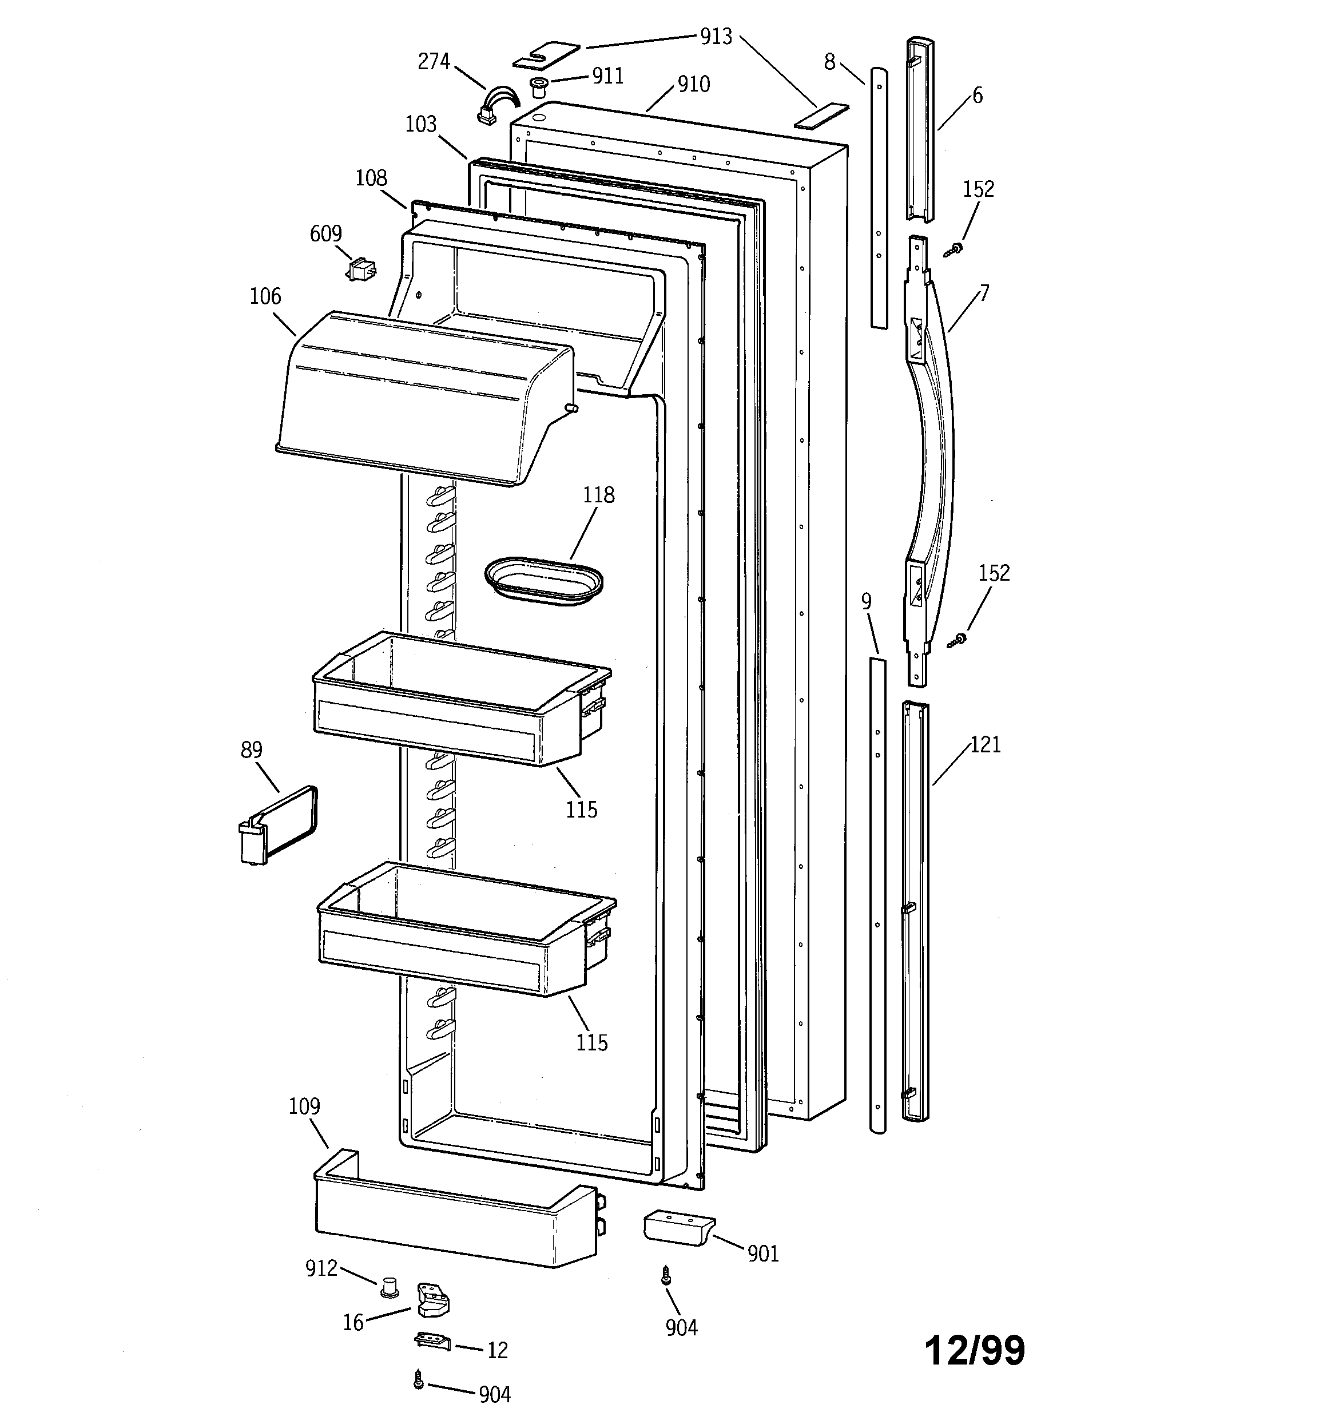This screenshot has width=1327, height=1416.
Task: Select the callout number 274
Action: (x=433, y=62)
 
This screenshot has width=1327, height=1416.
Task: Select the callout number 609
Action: (x=325, y=233)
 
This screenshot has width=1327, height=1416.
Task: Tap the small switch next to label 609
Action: (x=362, y=270)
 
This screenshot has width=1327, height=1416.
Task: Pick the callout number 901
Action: (x=763, y=1254)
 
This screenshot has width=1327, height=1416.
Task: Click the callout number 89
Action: (x=252, y=750)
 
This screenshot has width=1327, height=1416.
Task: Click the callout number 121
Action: (x=986, y=745)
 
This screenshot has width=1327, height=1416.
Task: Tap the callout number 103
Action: (x=420, y=125)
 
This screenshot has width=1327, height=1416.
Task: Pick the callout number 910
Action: (x=693, y=85)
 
